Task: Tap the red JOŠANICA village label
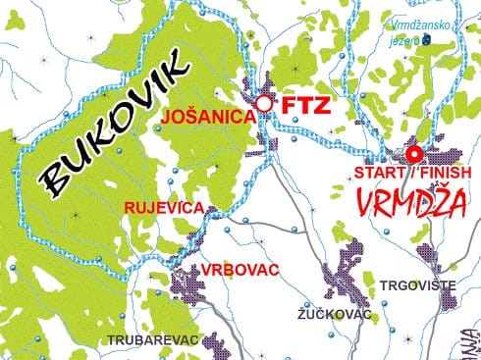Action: point(207,114)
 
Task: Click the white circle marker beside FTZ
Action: point(263,102)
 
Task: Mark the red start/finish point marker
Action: point(413,153)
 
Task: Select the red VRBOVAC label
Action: point(237,269)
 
